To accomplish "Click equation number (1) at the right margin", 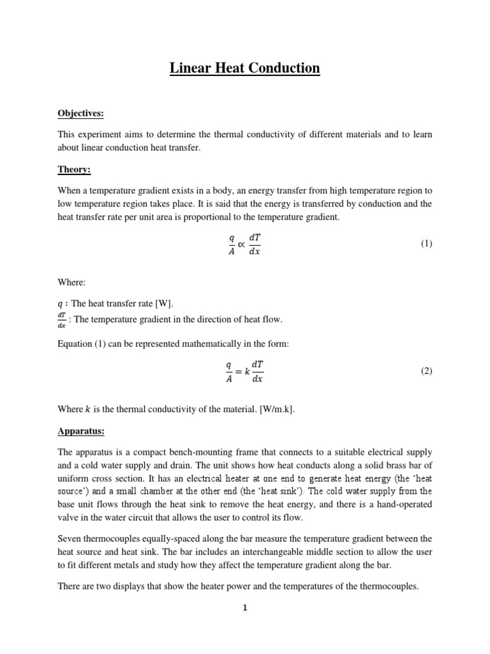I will click(x=426, y=243).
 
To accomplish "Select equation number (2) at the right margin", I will click(x=426, y=371).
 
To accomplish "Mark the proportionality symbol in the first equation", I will click(x=241, y=243).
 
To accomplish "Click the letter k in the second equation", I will click(x=247, y=371).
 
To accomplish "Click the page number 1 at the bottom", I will click(x=244, y=608).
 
